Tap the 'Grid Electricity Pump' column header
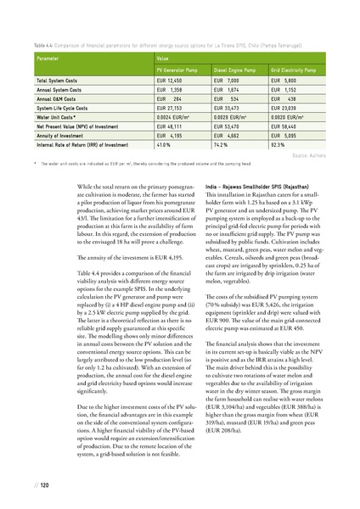[x=295, y=68]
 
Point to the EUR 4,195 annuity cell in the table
[x=175, y=136]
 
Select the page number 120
[x=42, y=485]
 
